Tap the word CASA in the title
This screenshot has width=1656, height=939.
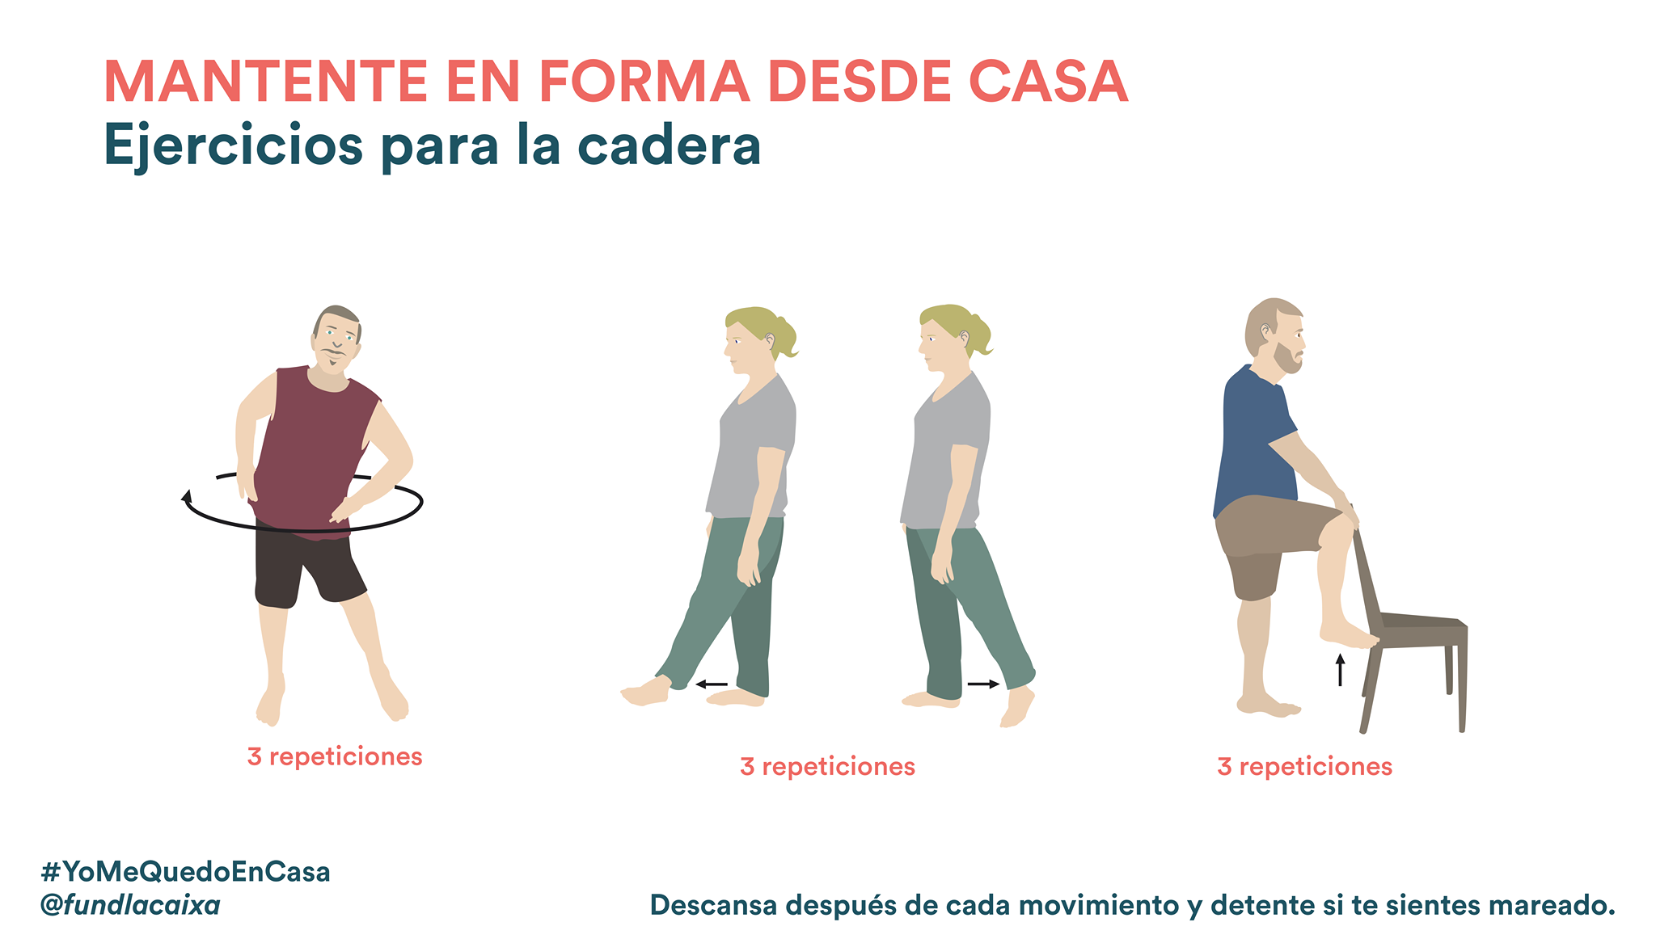(1048, 82)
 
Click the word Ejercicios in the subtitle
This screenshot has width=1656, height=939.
(234, 147)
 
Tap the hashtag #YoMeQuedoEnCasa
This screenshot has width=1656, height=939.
(185, 872)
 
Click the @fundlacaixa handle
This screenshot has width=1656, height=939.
(130, 905)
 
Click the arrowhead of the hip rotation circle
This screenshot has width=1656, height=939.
(187, 496)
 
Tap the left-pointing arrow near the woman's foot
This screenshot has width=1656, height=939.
(712, 684)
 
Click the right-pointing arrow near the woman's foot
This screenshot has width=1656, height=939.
(984, 684)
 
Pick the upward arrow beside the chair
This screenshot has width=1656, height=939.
(1340, 670)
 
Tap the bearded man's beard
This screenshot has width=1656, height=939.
(1287, 357)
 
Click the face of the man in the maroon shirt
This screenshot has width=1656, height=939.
(336, 339)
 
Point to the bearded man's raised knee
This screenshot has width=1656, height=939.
(1338, 524)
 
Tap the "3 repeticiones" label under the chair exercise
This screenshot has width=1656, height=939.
(1304, 766)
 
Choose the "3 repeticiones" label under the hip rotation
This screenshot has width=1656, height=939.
(335, 756)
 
